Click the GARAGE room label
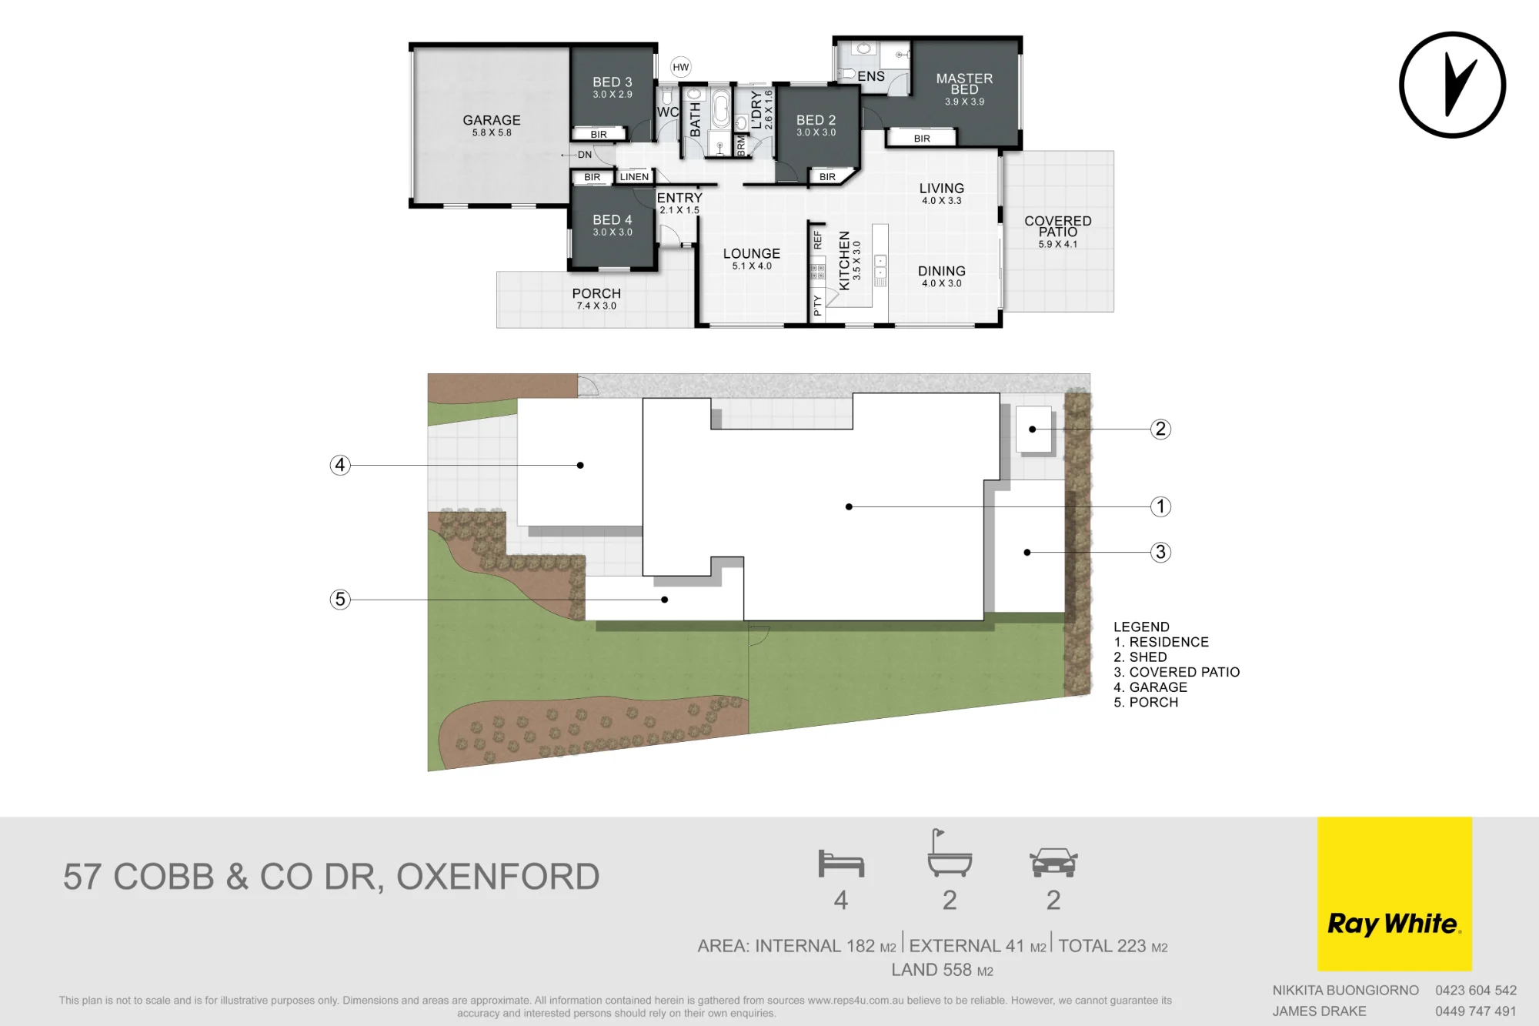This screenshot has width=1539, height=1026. click(x=492, y=120)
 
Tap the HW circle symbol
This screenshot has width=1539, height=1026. click(x=681, y=67)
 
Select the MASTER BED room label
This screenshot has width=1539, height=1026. click(x=964, y=84)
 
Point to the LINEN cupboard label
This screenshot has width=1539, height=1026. click(x=634, y=177)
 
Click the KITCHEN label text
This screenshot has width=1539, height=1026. click(x=844, y=260)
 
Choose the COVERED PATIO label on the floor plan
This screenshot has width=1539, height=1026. click(x=1058, y=226)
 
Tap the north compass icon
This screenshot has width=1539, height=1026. click(x=1452, y=85)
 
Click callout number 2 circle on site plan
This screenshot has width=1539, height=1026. click(x=1160, y=429)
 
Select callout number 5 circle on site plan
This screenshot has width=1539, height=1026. click(x=340, y=599)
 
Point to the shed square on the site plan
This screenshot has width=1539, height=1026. click(x=1034, y=429)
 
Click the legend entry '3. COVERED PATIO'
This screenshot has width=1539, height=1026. click(x=1177, y=672)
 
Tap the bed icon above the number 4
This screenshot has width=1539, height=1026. click(x=841, y=864)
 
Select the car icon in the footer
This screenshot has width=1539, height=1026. click(x=1053, y=863)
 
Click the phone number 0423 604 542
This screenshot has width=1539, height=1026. click(x=1476, y=991)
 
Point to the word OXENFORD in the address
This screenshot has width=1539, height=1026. click(x=498, y=877)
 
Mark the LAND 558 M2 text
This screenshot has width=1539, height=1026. click(x=942, y=970)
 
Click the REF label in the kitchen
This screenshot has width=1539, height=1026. click(x=817, y=239)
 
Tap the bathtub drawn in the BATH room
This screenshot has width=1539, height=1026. click(x=720, y=109)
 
